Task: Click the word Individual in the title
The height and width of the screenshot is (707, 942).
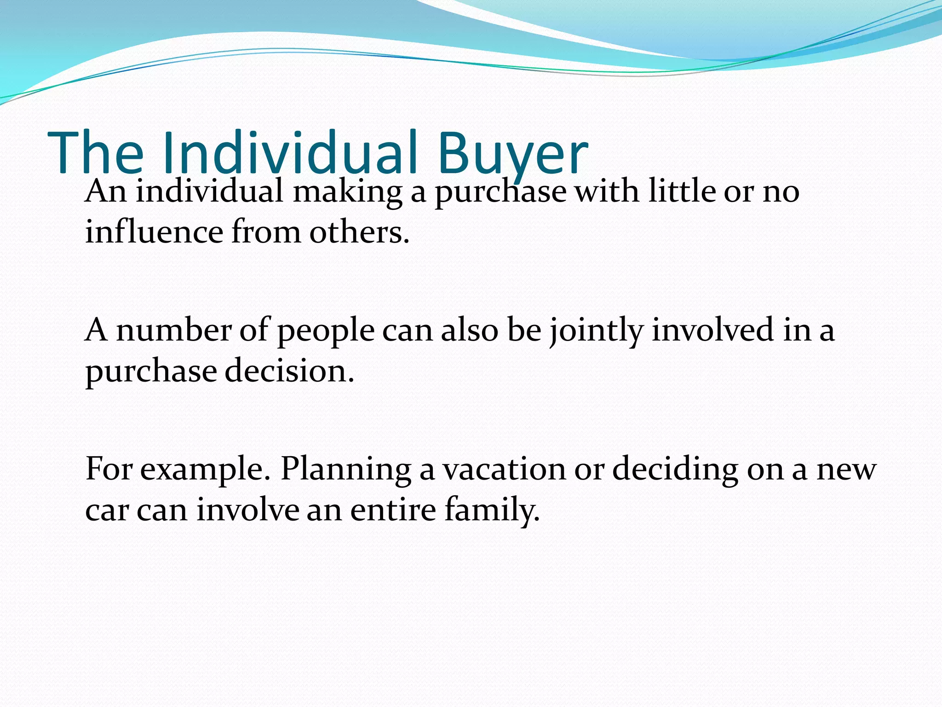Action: click(x=290, y=153)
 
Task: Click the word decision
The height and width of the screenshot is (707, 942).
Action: click(x=289, y=371)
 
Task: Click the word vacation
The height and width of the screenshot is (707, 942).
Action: click(x=504, y=469)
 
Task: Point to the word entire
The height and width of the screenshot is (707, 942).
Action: click(x=393, y=510)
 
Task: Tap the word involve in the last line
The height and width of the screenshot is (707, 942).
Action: click(x=248, y=510)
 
